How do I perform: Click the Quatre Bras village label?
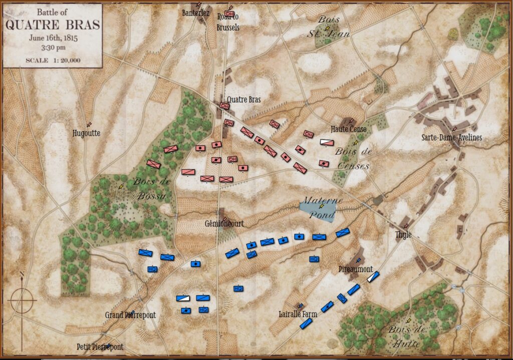pyautogui.click(x=243, y=100)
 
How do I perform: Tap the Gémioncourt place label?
pyautogui.click(x=224, y=224)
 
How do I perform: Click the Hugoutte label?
pyautogui.click(x=86, y=133)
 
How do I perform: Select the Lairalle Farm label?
pyautogui.click(x=298, y=314)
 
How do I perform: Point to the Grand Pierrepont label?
pyautogui.click(x=130, y=315)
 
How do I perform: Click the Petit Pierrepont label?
pyautogui.click(x=100, y=346)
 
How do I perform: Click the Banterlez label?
pyautogui.click(x=196, y=13)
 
